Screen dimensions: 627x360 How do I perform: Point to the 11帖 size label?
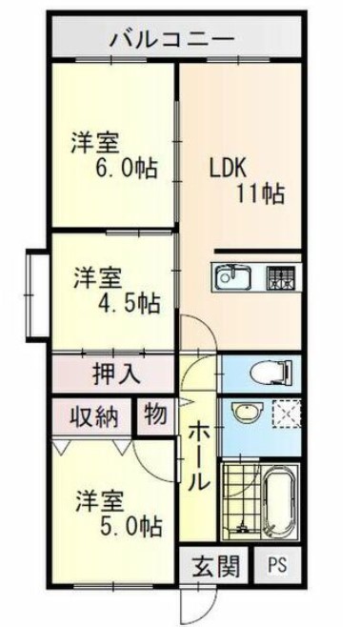[x=259, y=194]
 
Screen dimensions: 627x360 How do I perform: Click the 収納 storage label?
[x=92, y=416]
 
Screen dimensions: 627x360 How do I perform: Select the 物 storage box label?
[x=154, y=415]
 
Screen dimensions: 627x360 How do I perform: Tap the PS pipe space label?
[x=276, y=564]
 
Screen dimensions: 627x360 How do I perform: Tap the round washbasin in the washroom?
[x=245, y=415]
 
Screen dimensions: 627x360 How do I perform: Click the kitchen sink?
[x=232, y=278]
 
